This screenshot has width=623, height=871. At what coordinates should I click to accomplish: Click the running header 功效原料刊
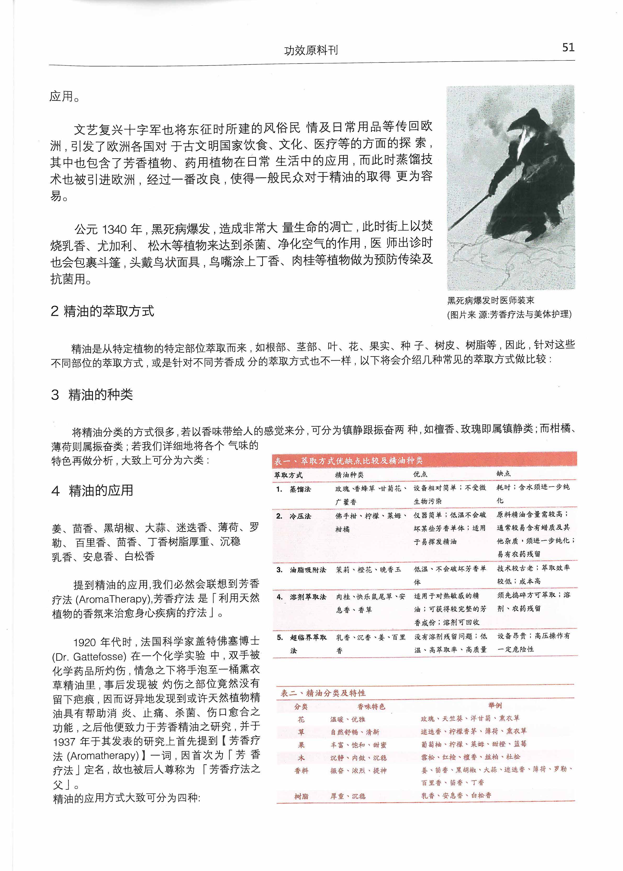click(311, 50)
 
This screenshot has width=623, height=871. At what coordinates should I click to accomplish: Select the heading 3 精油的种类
click(92, 395)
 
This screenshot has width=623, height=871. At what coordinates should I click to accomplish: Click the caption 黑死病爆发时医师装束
click(491, 300)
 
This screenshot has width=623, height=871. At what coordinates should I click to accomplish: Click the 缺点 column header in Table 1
click(503, 474)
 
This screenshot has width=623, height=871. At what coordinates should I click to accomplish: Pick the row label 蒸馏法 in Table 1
click(300, 489)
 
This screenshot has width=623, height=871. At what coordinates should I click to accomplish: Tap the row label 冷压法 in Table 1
click(300, 516)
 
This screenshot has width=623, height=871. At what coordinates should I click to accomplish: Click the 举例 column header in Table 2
click(495, 706)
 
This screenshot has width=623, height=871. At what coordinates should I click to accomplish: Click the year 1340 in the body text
click(114, 230)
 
